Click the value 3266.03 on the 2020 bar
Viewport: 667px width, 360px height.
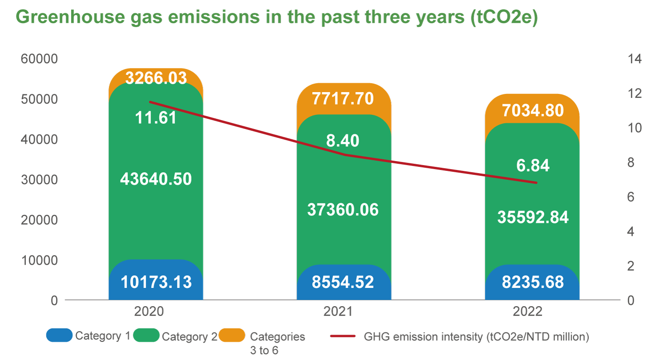click(156, 78)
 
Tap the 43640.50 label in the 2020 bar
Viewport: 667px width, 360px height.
click(156, 179)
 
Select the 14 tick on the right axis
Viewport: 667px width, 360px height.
click(634, 59)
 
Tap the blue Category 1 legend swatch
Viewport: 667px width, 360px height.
click(59, 336)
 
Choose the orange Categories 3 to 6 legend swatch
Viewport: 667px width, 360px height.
click(232, 336)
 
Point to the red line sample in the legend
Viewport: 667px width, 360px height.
click(343, 336)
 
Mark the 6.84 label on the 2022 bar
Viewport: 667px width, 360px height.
click(533, 166)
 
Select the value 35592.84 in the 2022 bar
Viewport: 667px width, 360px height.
click(533, 218)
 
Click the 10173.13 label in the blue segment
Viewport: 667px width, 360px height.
click(156, 282)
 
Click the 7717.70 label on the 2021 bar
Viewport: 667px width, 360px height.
click(343, 99)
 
